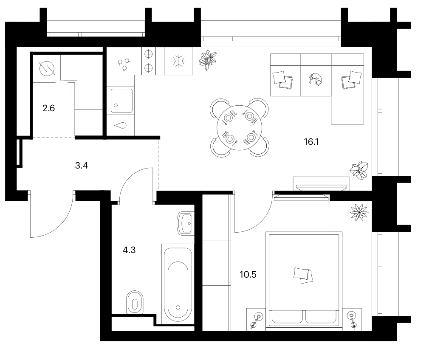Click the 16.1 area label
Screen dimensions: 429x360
click(311, 142)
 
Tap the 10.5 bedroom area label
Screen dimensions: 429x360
click(248, 274)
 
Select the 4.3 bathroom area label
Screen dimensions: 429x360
click(129, 250)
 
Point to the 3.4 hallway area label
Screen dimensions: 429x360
click(82, 166)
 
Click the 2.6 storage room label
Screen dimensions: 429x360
click(49, 108)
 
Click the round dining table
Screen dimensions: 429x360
click(240, 128)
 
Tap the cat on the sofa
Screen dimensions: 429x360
click(316, 80)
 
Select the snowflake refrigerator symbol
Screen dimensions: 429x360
click(179, 61)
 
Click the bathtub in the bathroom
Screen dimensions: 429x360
click(178, 284)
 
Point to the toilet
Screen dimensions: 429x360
click(135, 302)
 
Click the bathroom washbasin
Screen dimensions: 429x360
click(185, 223)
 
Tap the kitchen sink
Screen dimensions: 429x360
click(121, 100)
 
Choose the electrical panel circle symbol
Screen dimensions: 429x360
click(47, 68)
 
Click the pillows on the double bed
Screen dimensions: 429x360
click(303, 275)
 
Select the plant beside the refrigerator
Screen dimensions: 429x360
click(207, 60)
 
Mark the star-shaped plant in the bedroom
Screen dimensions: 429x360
click(359, 212)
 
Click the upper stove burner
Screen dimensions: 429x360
click(148, 54)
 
